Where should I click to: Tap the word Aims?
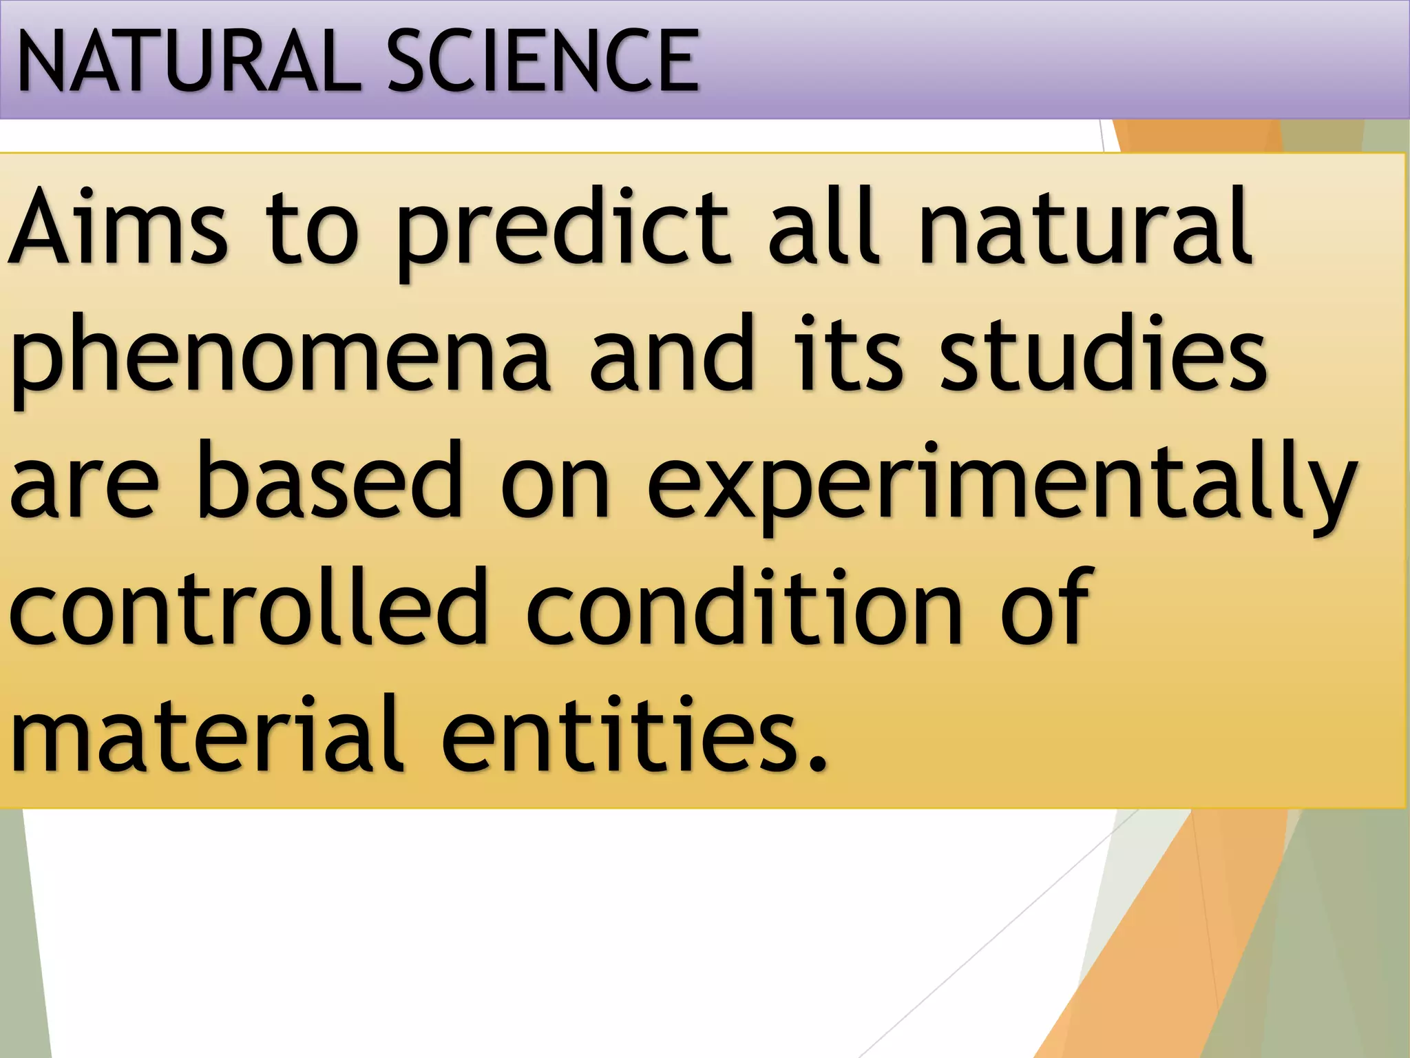117,227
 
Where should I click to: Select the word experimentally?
1002,486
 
